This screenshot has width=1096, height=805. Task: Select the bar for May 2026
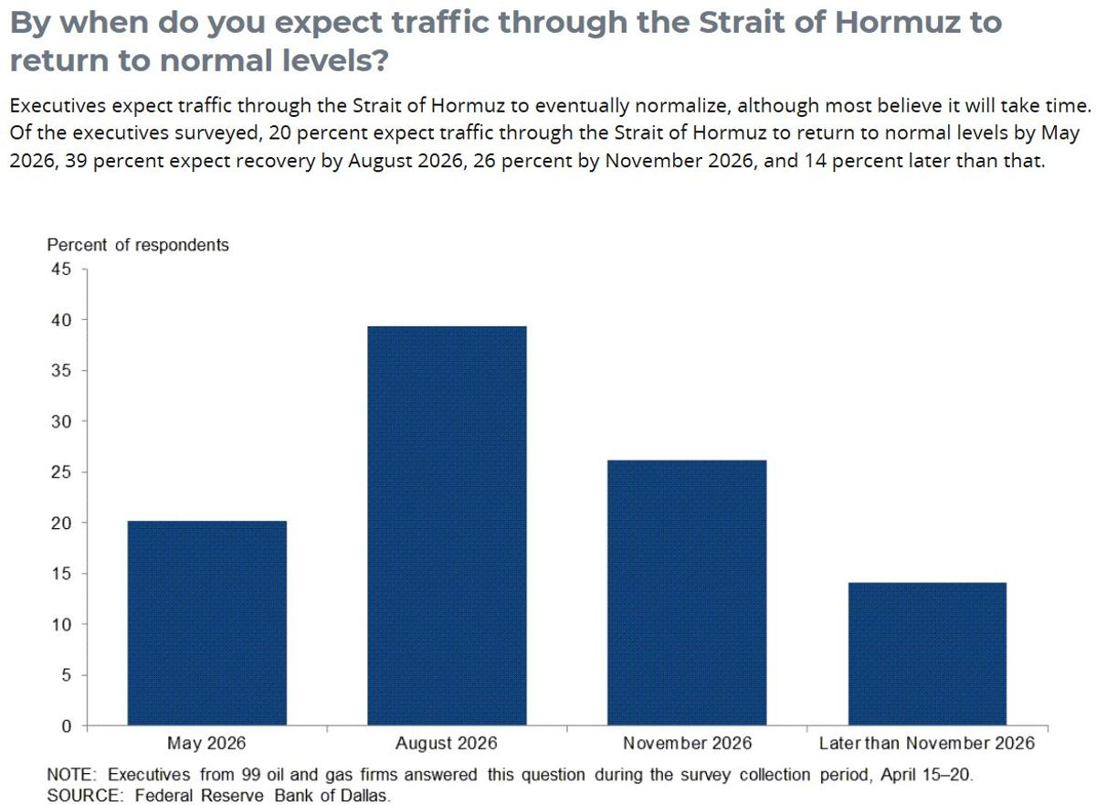click(x=206, y=623)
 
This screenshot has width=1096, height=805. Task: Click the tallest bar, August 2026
click(x=447, y=525)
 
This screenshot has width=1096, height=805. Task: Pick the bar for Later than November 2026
click(x=927, y=653)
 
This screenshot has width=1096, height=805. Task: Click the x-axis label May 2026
click(x=206, y=743)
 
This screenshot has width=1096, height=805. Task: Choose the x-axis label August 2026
click(x=447, y=743)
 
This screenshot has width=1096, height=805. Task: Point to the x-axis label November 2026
click(x=687, y=743)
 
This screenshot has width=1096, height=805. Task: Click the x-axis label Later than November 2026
click(x=927, y=743)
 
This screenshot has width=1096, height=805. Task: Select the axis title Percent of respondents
click(x=138, y=245)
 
